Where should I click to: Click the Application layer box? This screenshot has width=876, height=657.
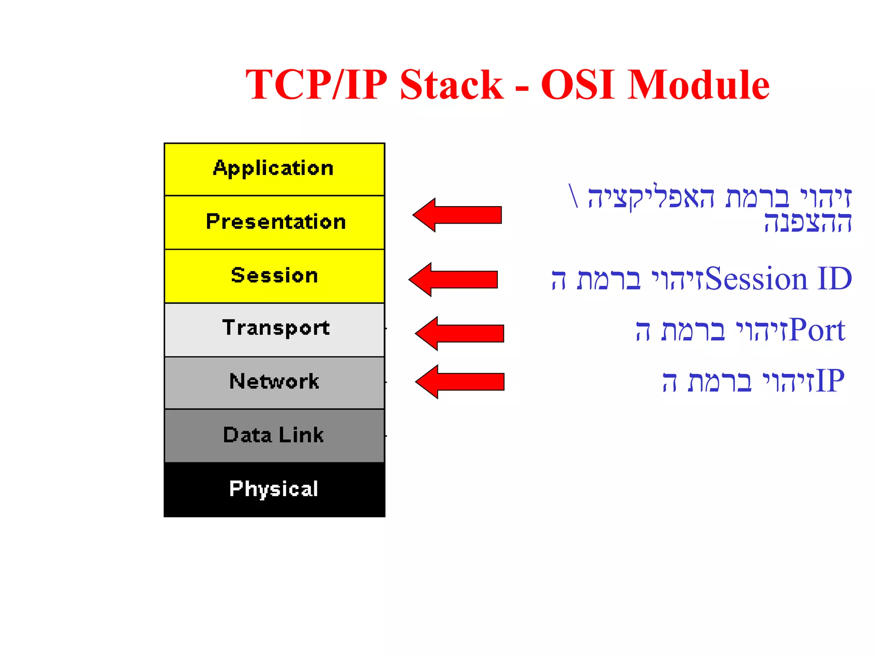click(x=274, y=169)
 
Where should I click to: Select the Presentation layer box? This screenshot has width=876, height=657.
click(x=274, y=222)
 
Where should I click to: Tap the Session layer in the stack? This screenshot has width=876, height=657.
click(x=274, y=276)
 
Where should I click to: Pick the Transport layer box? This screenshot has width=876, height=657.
click(x=274, y=329)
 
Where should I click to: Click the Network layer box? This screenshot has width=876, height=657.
click(x=274, y=382)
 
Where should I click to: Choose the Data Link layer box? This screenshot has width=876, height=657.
click(x=274, y=435)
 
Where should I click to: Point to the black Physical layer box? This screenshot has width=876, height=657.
click(x=274, y=489)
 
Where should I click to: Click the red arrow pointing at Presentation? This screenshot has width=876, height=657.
click(x=458, y=215)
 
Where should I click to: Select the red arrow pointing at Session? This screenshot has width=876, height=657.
click(x=454, y=279)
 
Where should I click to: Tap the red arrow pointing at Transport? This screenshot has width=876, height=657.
click(x=460, y=333)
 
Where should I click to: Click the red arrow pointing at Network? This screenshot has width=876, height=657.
click(x=460, y=382)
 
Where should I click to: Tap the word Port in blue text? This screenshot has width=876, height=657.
click(x=817, y=331)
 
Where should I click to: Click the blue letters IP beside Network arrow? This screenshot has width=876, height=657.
click(x=830, y=381)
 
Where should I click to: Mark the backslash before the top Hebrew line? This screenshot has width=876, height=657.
click(x=574, y=196)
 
